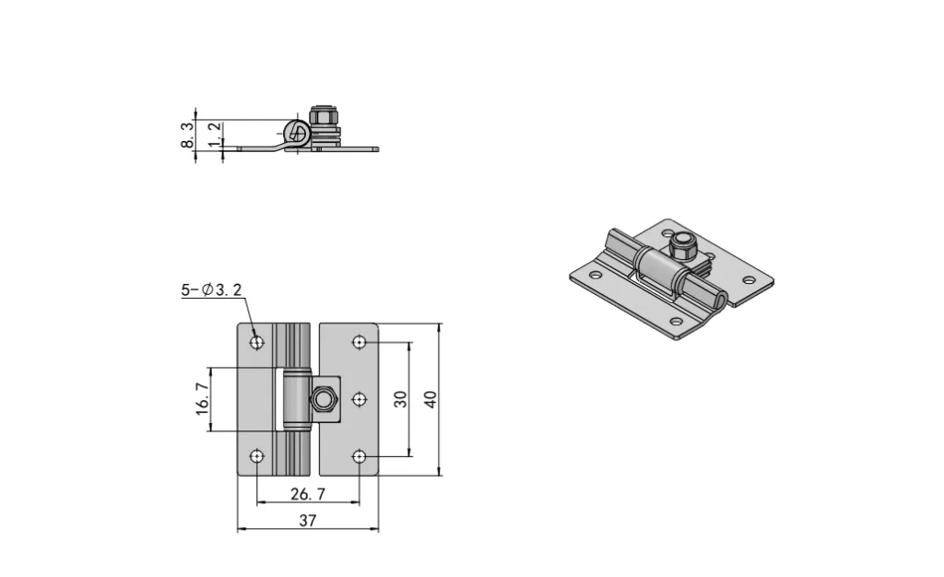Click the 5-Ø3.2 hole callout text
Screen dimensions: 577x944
[x=211, y=290]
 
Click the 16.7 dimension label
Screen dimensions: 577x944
[x=204, y=400]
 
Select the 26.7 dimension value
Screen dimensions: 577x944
[x=308, y=494]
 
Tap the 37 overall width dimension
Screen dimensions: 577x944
[x=308, y=521]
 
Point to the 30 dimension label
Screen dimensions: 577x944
[x=400, y=399]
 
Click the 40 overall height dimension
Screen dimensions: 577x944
[x=430, y=399]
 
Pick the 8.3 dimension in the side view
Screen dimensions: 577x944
[x=188, y=136]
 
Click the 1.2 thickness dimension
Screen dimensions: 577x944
[x=214, y=135]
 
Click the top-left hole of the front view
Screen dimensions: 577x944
[x=256, y=343]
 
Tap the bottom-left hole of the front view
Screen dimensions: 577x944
[x=256, y=456]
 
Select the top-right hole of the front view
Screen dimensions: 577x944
[x=360, y=343]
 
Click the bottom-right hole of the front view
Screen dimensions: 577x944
[x=360, y=456]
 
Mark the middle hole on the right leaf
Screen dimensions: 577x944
[x=360, y=399]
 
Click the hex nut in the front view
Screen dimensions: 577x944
[x=324, y=399]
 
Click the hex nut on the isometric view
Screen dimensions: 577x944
[x=682, y=246]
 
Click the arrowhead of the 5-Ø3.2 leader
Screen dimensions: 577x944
[x=254, y=336]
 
